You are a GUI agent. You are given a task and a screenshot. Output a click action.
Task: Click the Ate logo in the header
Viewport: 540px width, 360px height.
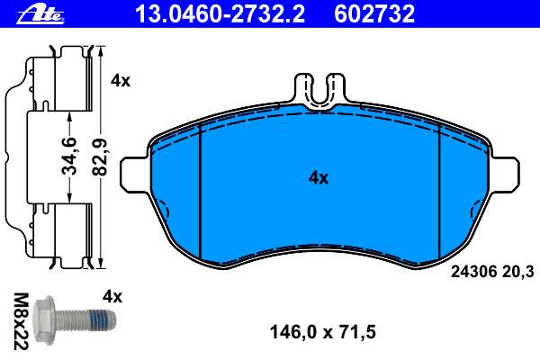(40, 14)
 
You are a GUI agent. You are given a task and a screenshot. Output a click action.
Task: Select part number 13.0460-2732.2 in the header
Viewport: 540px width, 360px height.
(220, 14)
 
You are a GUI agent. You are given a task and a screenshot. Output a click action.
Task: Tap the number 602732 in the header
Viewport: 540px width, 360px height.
(374, 14)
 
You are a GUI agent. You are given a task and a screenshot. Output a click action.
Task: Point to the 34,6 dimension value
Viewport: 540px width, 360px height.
(68, 156)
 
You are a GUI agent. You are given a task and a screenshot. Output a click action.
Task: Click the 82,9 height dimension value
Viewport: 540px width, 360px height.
(101, 157)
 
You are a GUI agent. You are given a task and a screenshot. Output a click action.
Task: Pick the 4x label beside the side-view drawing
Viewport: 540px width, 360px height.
(121, 81)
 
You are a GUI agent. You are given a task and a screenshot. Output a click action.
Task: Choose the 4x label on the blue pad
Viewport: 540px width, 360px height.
(319, 178)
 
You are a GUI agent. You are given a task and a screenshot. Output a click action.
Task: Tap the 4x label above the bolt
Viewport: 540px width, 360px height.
(112, 297)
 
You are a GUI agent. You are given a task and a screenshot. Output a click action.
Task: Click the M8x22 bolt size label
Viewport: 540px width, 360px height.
(21, 321)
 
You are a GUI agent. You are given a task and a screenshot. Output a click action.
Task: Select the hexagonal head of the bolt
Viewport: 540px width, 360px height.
(44, 320)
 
